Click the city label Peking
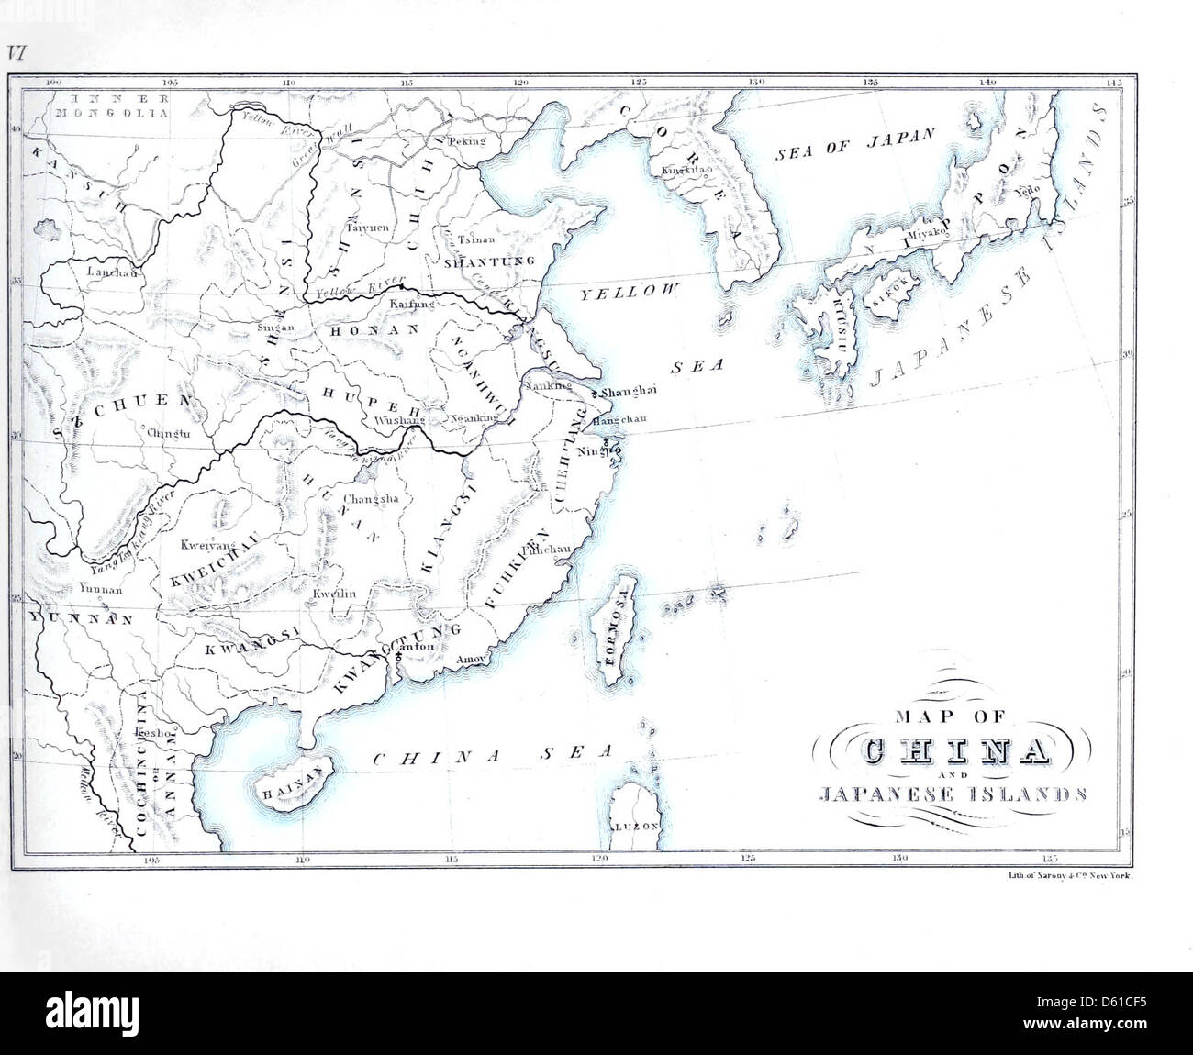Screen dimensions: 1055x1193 [465, 141]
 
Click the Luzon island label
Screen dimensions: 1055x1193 [638, 826]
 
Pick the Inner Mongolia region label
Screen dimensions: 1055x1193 [111, 105]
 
